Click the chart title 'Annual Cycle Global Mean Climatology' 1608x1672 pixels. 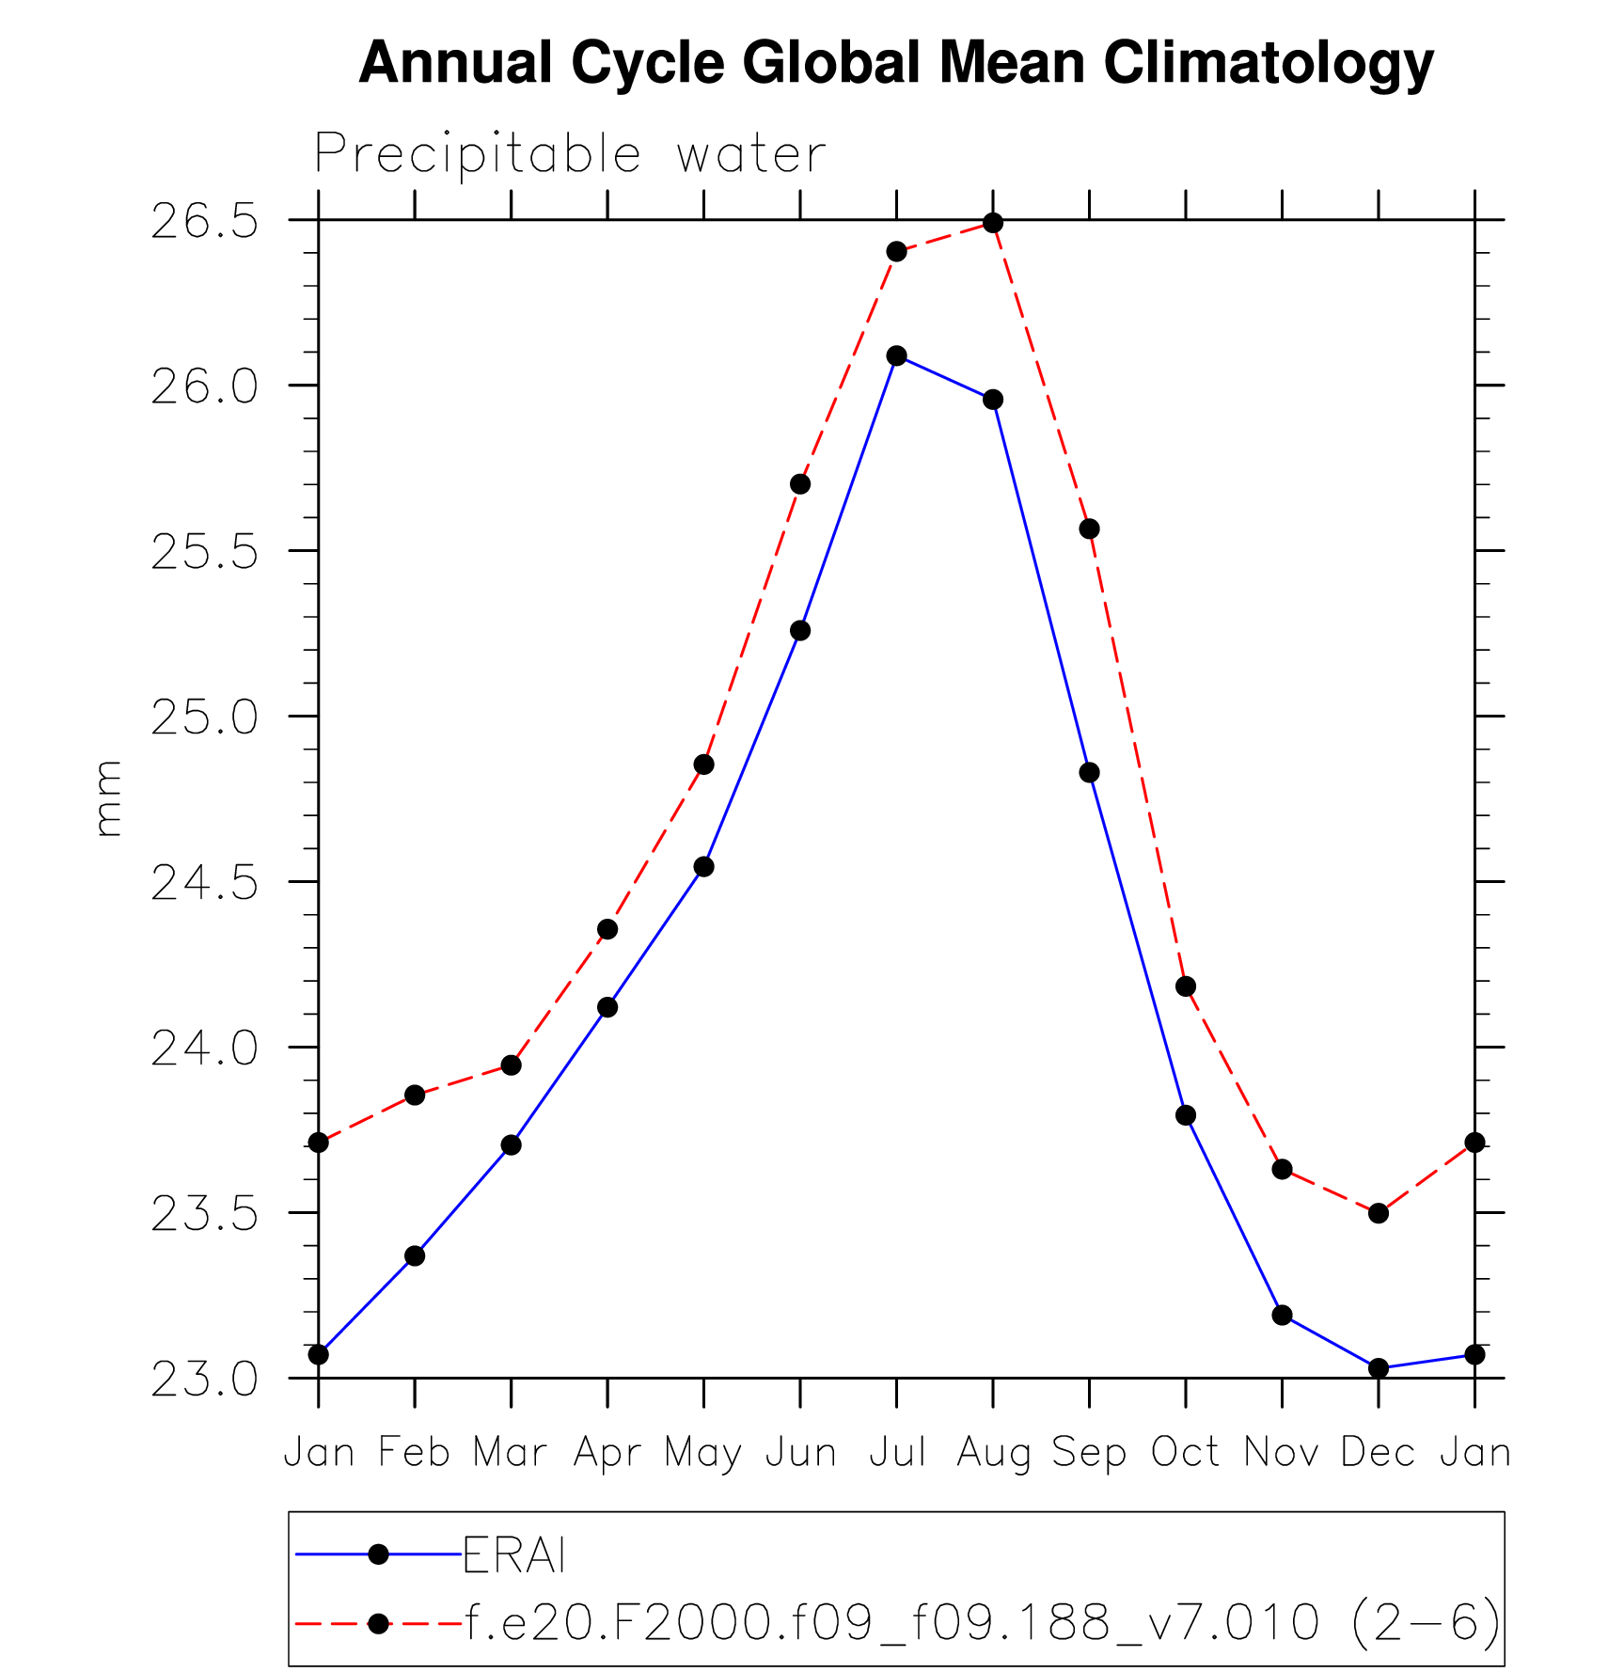click(895, 64)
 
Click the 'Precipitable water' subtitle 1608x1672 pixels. click(570, 154)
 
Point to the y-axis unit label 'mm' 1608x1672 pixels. click(109, 798)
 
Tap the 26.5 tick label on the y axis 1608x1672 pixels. click(204, 222)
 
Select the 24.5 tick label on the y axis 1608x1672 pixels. click(204, 883)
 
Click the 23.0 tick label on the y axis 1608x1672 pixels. click(204, 1380)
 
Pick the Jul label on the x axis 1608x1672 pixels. click(896, 1453)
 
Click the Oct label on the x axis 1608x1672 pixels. click(1185, 1453)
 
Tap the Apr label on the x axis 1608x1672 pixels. click(607, 1453)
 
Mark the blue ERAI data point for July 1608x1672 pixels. click(896, 355)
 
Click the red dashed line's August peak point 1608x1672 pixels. click(993, 223)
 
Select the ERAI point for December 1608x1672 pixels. click(1379, 1368)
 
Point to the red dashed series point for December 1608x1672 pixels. click(1379, 1213)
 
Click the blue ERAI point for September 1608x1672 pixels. click(1089, 772)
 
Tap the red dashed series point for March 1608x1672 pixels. click(512, 1065)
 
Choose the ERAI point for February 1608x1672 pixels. click(415, 1256)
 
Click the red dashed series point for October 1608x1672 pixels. click(1186, 986)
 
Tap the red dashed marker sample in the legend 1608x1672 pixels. click(378, 1623)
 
